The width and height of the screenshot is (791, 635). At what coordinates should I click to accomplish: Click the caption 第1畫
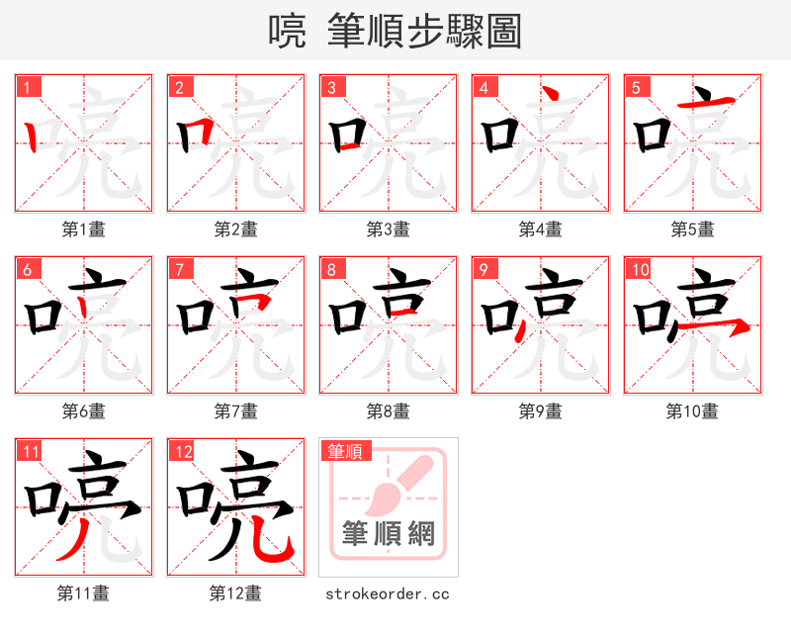(84, 229)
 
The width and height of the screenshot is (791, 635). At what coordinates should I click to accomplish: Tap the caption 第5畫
(692, 229)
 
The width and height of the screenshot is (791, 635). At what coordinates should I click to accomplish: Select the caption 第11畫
(84, 593)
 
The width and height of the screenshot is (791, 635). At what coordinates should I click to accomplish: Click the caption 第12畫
(235, 593)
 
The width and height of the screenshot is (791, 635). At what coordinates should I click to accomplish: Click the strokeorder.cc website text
(388, 594)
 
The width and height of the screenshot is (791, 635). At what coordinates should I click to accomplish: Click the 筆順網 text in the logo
(389, 534)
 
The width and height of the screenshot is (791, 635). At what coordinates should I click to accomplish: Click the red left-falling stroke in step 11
(72, 540)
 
